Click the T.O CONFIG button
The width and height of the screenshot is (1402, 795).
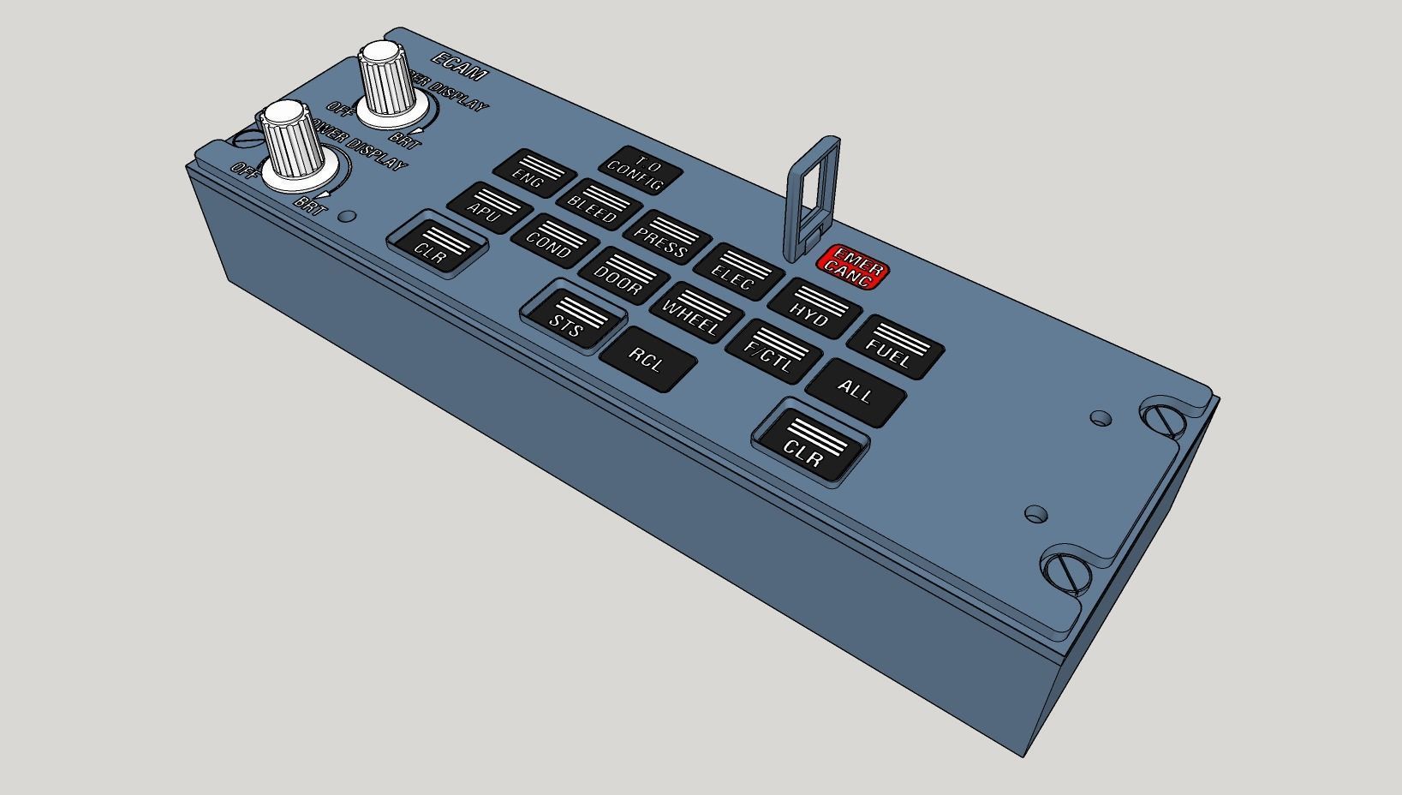point(641,173)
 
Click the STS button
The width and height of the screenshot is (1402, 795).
point(571,318)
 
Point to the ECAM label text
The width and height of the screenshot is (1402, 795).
point(459,68)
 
